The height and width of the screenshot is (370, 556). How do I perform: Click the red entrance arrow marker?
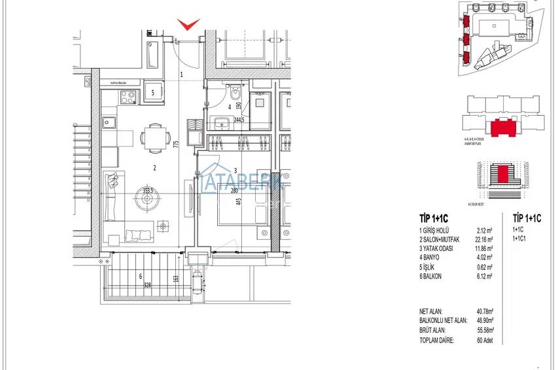(189, 24)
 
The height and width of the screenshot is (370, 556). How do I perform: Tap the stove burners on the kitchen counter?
(127, 99)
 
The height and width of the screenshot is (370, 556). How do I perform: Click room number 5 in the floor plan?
(152, 93)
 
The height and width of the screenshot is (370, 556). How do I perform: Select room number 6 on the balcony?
(140, 276)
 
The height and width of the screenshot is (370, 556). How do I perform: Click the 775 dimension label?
(177, 146)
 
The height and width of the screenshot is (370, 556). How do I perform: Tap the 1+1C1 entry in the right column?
(521, 239)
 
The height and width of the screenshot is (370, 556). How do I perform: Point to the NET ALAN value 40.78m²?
(485, 312)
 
